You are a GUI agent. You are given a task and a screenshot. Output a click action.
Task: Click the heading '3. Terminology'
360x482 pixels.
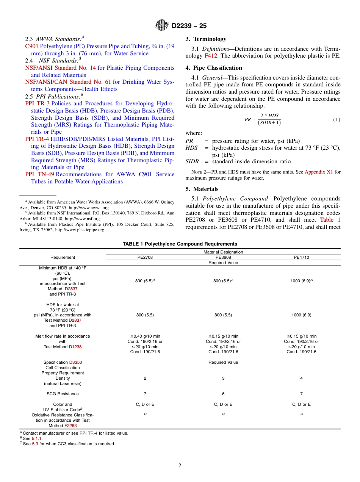pos(206,39)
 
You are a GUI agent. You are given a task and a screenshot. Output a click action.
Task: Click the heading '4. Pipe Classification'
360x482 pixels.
pos(214,68)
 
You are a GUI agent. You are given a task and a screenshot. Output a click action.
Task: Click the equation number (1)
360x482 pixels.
pos(337,120)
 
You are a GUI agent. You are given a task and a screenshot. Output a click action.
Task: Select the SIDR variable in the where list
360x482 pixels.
pos(192,161)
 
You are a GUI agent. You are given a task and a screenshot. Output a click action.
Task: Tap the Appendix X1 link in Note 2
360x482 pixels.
pos(318,172)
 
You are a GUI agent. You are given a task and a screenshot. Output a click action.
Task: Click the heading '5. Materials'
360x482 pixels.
pos(202,189)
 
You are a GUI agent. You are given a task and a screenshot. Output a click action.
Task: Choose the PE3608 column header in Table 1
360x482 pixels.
pos(223,257)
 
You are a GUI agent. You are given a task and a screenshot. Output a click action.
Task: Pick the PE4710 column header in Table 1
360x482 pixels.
pos(301,257)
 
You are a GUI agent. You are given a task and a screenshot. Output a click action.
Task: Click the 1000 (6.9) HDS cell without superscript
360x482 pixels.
pos(301,315)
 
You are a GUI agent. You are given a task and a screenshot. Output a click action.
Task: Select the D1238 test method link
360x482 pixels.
pos(75,347)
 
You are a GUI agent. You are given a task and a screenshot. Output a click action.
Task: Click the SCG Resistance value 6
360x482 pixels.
pos(223,394)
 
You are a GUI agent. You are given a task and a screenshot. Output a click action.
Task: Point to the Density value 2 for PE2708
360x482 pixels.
pos(145,378)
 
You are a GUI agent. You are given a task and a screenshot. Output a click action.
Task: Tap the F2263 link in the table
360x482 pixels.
pos(70,426)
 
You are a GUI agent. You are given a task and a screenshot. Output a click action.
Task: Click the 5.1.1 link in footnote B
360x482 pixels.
pos(37,438)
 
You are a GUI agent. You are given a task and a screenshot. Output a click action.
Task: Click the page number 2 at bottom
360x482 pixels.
pos(180,466)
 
